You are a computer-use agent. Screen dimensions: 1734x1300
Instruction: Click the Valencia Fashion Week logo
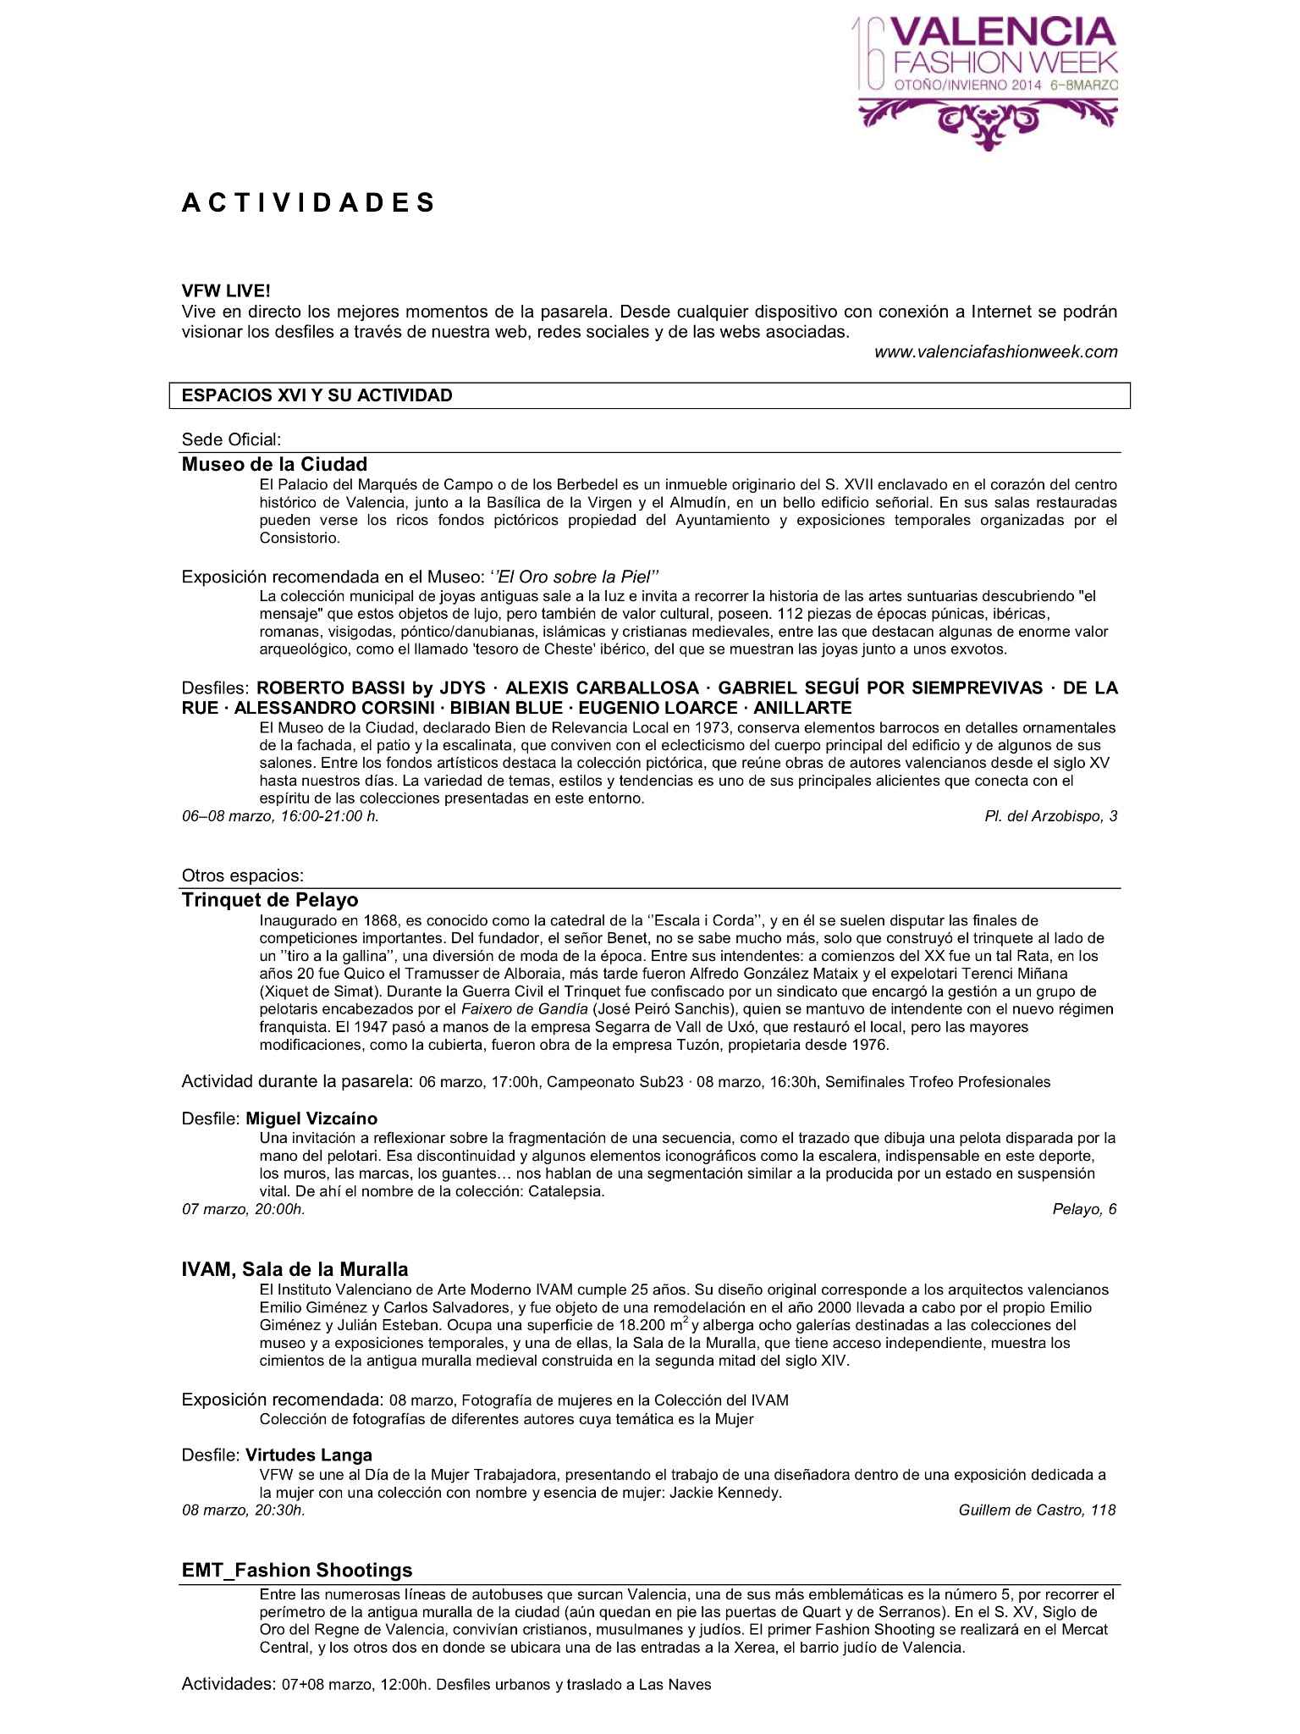[x=987, y=81]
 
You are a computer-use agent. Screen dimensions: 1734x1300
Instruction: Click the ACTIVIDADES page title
[x=308, y=203]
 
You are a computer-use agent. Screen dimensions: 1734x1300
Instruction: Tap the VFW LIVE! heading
[x=226, y=291]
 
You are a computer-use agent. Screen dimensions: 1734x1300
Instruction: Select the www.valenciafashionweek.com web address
[x=995, y=351]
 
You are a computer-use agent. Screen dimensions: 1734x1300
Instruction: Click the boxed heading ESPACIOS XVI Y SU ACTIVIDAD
[x=317, y=395]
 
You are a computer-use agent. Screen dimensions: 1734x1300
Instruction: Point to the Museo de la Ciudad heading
[x=274, y=464]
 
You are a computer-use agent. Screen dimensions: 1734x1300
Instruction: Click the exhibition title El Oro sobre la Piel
[x=575, y=577]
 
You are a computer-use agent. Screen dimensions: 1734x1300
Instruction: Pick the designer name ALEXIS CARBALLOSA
[x=602, y=688]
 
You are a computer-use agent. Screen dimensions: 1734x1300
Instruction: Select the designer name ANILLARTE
[x=802, y=708]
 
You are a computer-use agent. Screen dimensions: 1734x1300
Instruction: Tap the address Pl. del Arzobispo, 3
[x=1050, y=816]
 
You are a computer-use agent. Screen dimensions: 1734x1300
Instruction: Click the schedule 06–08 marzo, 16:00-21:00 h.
[x=280, y=816]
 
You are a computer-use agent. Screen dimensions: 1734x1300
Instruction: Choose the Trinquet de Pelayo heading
[x=270, y=900]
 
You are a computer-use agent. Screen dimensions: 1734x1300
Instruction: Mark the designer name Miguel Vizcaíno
[x=311, y=1118]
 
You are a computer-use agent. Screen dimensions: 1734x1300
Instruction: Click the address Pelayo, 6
[x=1084, y=1209]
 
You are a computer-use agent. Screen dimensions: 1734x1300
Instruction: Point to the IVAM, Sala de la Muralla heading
[x=295, y=1269]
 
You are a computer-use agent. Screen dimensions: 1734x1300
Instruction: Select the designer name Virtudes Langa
[x=309, y=1455]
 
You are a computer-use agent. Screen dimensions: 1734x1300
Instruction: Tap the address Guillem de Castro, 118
[x=1037, y=1510]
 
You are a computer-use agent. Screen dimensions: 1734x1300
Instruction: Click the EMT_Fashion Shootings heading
[x=297, y=1570]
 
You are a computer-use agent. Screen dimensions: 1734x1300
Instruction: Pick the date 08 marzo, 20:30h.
[x=244, y=1510]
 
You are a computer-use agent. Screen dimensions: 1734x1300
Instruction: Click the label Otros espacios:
[x=242, y=875]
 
